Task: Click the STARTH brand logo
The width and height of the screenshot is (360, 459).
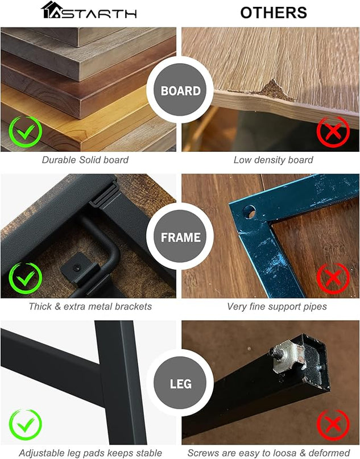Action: point(89,10)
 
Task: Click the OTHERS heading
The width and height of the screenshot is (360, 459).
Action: point(274,13)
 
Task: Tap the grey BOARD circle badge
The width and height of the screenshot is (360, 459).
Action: point(180,90)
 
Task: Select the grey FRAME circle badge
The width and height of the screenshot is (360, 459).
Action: point(180,237)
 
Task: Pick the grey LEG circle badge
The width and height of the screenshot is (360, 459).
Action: point(180,383)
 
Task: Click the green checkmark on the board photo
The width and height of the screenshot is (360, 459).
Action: point(26,132)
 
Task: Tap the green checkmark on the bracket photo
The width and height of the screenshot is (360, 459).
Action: point(26,278)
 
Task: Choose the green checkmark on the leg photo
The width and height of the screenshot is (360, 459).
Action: point(26,425)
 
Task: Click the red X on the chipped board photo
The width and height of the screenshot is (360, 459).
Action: point(333,132)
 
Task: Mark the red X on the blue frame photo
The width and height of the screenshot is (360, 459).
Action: point(333,278)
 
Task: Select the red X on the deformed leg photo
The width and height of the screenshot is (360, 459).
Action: point(333,425)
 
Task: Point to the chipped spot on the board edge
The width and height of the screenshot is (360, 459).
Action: point(274,91)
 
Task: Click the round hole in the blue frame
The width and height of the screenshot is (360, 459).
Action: point(249,212)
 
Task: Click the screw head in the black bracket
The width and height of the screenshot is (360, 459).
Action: point(77,267)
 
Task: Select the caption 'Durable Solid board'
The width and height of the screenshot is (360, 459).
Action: point(85,160)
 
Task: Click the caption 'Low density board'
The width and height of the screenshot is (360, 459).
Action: point(274,160)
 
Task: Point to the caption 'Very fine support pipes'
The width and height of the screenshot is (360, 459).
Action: point(277,307)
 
